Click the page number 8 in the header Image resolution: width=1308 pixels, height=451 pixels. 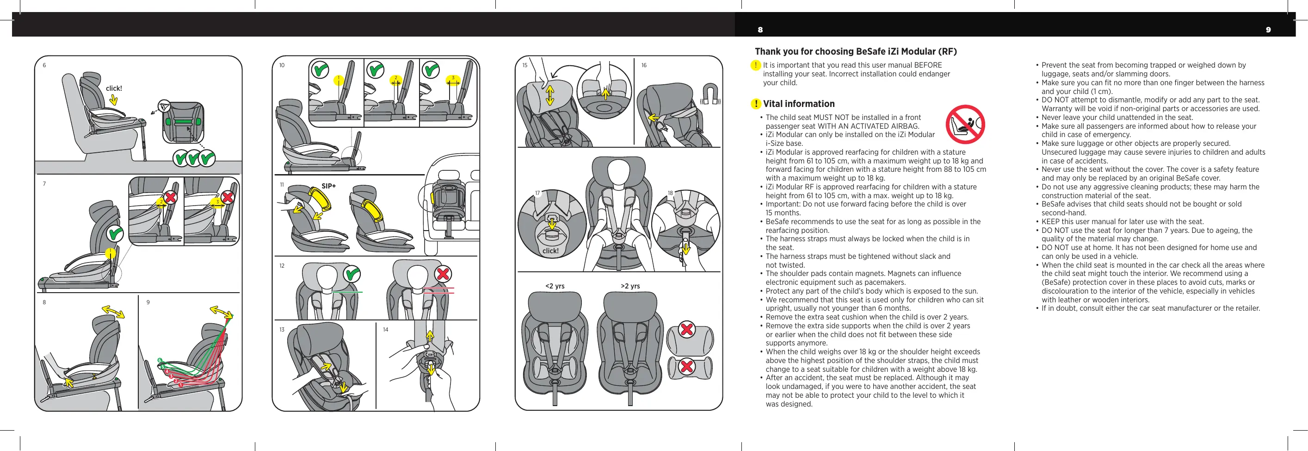[x=760, y=30]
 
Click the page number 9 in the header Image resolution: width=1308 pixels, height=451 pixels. [x=1268, y=30]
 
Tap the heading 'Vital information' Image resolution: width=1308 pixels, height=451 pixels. [x=798, y=104]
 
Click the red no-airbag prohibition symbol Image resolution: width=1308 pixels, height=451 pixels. [x=965, y=125]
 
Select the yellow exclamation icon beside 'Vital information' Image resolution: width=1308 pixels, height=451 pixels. [x=756, y=104]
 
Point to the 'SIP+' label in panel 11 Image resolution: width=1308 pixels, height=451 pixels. [x=328, y=186]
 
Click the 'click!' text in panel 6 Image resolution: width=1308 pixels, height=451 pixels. [x=114, y=88]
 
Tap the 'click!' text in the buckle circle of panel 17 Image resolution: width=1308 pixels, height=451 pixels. [x=550, y=251]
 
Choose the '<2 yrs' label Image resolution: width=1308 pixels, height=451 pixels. [x=555, y=286]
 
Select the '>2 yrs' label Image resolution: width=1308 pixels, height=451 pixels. [x=630, y=286]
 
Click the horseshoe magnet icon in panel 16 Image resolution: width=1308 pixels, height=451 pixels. [x=710, y=94]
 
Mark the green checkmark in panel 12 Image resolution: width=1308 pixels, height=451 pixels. [x=352, y=274]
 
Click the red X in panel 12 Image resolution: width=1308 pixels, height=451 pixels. [x=443, y=274]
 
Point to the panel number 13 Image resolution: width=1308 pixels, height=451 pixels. [x=282, y=330]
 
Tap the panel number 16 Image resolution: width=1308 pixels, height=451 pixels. [x=644, y=66]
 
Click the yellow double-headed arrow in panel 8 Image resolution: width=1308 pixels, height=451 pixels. [x=113, y=311]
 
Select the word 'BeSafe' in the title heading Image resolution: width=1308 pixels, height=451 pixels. [x=871, y=51]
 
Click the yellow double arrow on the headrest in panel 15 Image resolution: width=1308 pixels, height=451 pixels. [x=550, y=95]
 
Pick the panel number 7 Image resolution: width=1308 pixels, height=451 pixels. [x=44, y=184]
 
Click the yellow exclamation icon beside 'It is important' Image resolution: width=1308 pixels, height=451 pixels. [x=756, y=65]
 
